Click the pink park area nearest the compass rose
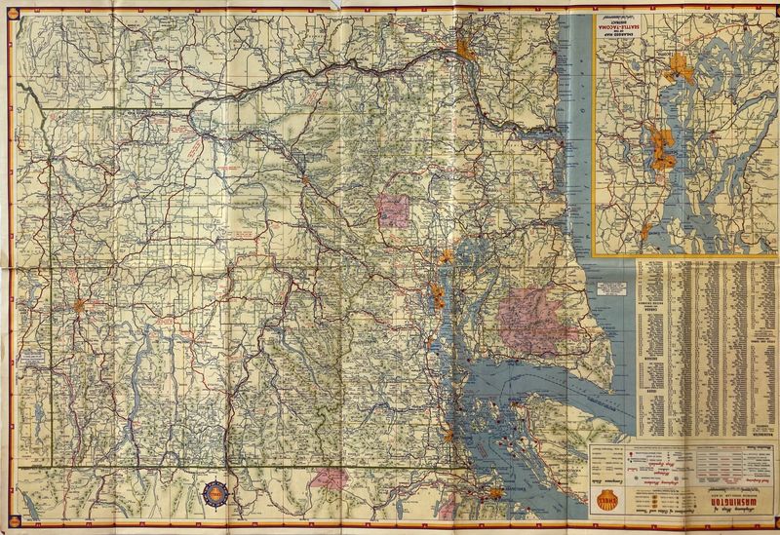(x=334, y=478)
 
